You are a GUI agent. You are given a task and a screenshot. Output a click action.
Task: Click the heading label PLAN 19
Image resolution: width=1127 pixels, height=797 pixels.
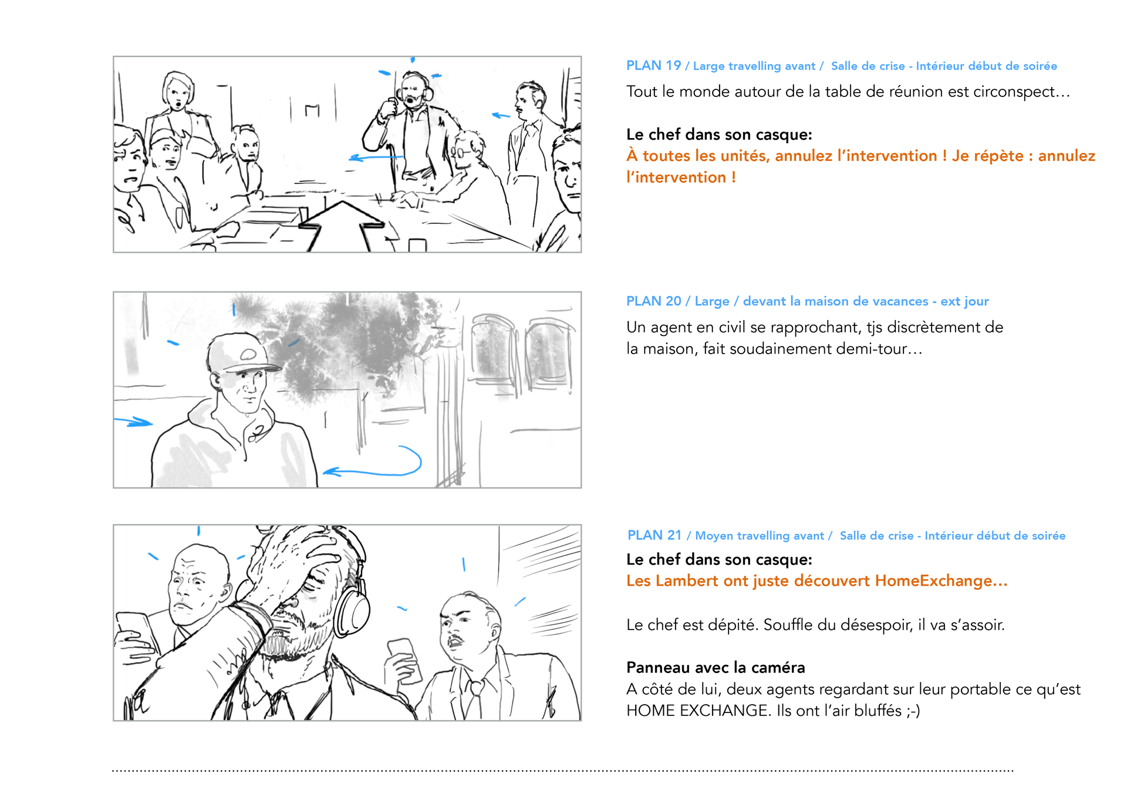click(653, 66)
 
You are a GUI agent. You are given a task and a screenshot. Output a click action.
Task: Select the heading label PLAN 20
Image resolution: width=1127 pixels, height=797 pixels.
click(653, 301)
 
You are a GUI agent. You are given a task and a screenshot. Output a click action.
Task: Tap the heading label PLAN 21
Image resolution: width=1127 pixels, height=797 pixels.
click(654, 536)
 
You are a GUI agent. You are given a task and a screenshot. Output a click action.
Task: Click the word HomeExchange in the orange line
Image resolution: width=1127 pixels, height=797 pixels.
click(933, 581)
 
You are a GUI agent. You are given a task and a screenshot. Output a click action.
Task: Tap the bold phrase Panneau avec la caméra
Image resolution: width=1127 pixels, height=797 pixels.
click(716, 668)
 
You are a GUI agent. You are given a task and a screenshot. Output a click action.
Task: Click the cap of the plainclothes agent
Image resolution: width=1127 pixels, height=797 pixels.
click(242, 353)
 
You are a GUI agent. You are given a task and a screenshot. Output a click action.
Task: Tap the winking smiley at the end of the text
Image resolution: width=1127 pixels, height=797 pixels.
click(913, 711)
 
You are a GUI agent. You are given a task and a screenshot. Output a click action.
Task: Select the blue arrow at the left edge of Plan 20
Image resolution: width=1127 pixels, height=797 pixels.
click(134, 422)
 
